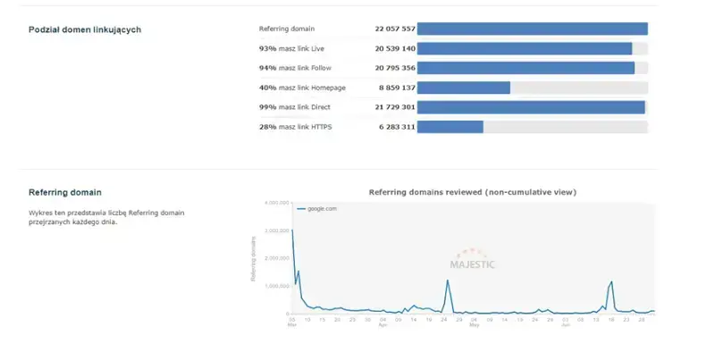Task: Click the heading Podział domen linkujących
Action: tap(85, 29)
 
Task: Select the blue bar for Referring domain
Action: tap(532, 29)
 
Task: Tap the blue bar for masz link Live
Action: tap(525, 48)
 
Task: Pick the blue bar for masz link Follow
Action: tap(526, 68)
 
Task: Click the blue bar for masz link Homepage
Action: tap(463, 88)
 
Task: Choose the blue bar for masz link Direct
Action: tap(531, 107)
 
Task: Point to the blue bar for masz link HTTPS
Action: tap(450, 127)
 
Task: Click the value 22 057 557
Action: tap(395, 29)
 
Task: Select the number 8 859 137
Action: tap(397, 88)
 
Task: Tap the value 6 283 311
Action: tap(397, 127)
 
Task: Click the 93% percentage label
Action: tap(267, 48)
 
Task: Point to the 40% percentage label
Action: tap(267, 88)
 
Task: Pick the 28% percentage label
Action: tap(267, 127)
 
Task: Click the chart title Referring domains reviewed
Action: tap(473, 191)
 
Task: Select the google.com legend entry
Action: tap(319, 208)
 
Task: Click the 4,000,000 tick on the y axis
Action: tap(275, 203)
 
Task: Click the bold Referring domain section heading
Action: tap(65, 192)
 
